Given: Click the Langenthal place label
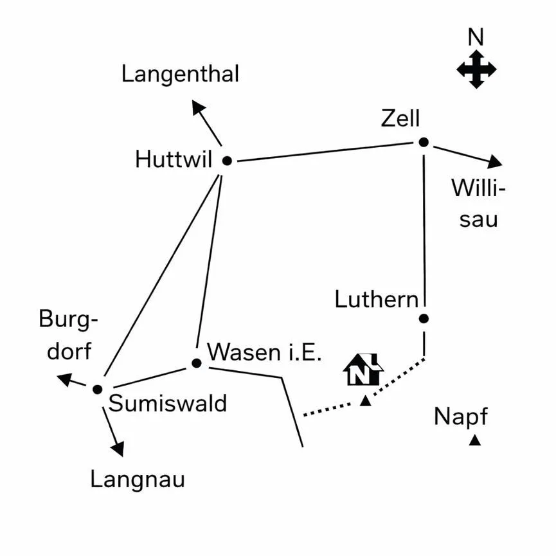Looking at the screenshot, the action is coord(180,75).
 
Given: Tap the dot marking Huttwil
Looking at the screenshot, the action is coord(227,161).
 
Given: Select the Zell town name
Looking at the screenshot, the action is coord(400,118).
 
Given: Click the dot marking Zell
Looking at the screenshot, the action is coord(424,142).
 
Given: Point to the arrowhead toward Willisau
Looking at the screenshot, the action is coord(495,162).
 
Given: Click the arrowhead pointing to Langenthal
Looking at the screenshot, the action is coord(198,107).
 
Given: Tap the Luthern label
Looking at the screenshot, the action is coord(377,300).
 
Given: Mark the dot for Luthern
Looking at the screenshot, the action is coord(424,318).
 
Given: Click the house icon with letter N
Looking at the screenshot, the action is coord(363,370).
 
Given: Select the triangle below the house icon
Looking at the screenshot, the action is coord(365,401).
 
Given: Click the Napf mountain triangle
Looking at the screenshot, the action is coord(475,440).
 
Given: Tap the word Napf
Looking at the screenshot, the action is coord(461,417).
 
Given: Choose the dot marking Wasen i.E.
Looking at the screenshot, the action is coord(197,363).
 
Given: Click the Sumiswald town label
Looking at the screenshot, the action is coord(167,403).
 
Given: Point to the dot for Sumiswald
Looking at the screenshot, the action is coord(98,390).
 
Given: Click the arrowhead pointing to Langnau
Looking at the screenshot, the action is coord(118,449).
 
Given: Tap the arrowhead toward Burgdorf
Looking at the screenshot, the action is coord(65,379).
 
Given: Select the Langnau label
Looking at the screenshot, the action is coord(138,480).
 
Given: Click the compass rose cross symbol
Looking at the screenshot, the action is coord(476,69).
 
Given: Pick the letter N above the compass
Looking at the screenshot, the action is coord(476,37).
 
